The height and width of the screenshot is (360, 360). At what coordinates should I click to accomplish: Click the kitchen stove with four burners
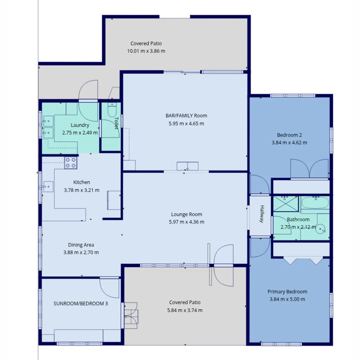coord(71,163)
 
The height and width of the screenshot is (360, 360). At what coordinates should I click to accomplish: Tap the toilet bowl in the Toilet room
coord(112,110)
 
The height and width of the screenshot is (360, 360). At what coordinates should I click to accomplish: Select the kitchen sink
coord(48,187)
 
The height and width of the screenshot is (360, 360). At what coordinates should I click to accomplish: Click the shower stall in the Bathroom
coord(286,204)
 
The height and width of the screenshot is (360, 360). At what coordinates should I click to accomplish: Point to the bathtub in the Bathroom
coord(315,203)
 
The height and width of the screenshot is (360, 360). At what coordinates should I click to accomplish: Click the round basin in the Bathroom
coord(321,229)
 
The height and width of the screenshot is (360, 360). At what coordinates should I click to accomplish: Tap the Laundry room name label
coord(80,125)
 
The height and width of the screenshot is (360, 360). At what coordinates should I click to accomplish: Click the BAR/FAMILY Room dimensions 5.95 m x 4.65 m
coord(186,124)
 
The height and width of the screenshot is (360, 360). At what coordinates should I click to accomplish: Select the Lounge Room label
coord(186,214)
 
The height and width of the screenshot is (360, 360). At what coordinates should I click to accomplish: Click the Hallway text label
coord(262,214)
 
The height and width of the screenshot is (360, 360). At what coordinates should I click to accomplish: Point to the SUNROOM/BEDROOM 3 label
coord(81,304)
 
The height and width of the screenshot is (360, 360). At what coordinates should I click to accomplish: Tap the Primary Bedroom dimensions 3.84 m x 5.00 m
coord(287,299)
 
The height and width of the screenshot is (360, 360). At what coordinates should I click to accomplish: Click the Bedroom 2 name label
coord(289,135)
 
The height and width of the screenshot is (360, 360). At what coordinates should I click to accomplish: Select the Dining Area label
coord(81,245)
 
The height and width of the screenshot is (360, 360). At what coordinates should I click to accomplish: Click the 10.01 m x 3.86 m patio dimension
coord(146,51)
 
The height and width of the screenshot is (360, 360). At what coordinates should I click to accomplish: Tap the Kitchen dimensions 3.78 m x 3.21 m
coord(82,190)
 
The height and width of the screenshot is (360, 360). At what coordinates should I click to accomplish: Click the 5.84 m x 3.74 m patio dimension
coord(185,310)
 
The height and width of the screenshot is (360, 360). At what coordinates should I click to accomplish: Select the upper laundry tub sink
coord(48,121)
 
